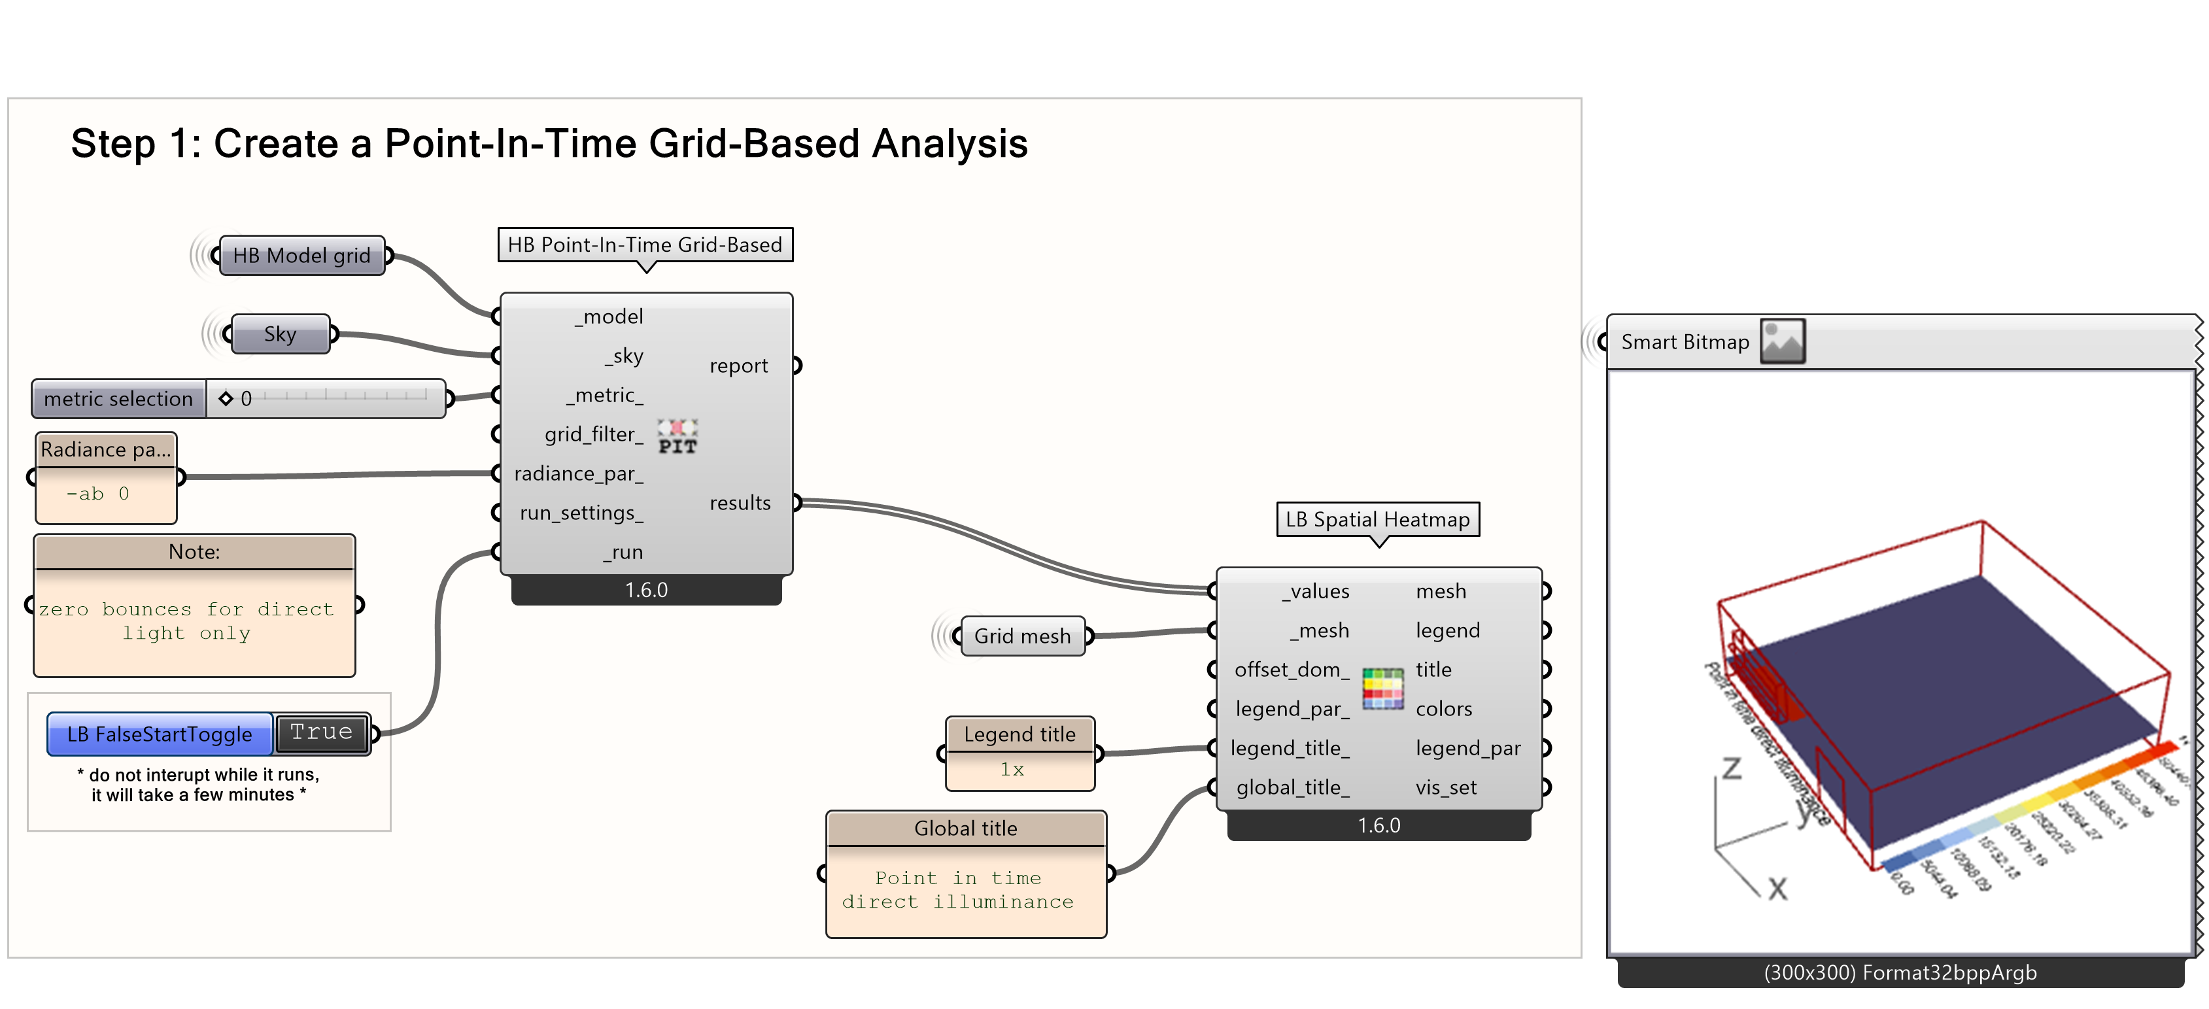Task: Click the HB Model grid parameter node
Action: point(301,256)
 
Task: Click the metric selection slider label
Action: point(118,399)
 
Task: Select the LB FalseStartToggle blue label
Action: point(160,734)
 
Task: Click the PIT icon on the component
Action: point(677,436)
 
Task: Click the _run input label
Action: point(623,552)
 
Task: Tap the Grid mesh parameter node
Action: point(1022,636)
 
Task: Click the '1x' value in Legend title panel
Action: point(1012,769)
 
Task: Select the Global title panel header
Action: point(966,828)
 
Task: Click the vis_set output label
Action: point(1446,787)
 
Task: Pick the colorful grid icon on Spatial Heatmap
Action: point(1382,689)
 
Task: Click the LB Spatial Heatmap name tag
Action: point(1377,519)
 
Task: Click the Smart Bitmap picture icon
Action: point(1782,341)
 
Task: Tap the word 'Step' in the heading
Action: point(112,143)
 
